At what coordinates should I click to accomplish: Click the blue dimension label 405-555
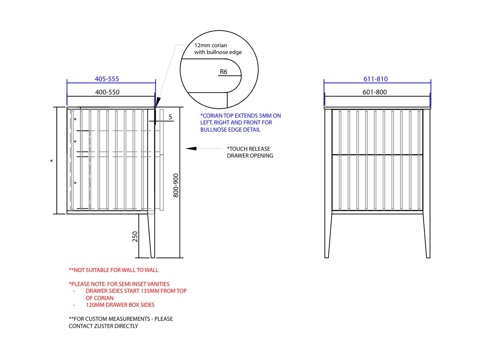(107, 79)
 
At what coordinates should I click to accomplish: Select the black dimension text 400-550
(107, 92)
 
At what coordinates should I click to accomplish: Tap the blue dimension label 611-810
(376, 79)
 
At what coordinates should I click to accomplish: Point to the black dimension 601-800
(375, 92)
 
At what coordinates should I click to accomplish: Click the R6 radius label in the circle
(224, 72)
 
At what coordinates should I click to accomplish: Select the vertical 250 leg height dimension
(135, 237)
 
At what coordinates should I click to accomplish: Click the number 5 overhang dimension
(170, 117)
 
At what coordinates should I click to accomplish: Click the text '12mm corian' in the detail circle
(210, 46)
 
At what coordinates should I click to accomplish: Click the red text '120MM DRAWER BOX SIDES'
(120, 305)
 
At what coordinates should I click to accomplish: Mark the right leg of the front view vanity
(426, 236)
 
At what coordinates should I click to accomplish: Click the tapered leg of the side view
(152, 236)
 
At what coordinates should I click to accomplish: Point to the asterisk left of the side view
(51, 161)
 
